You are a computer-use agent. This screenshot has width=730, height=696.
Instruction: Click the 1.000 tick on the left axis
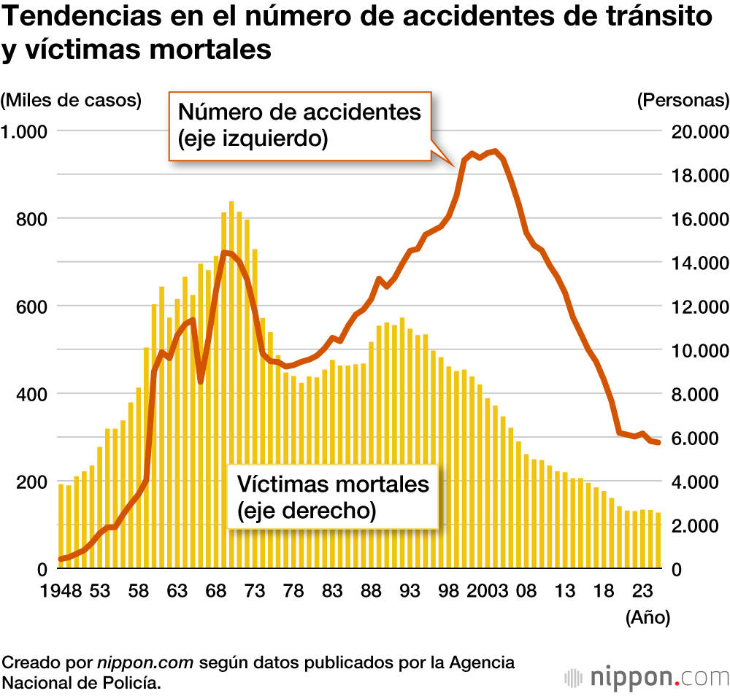click(x=28, y=131)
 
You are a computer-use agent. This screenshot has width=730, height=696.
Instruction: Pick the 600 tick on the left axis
click(x=33, y=306)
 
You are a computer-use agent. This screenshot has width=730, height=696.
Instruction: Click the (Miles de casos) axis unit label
click(x=71, y=100)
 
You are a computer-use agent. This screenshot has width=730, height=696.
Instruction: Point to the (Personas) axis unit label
click(x=683, y=100)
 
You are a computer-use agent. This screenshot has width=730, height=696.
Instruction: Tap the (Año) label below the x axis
click(x=648, y=617)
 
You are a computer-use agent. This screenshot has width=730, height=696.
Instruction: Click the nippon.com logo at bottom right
click(x=647, y=676)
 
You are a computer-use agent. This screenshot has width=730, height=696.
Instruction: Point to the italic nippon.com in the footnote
click(x=145, y=663)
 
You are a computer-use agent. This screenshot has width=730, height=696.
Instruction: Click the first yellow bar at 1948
click(x=61, y=525)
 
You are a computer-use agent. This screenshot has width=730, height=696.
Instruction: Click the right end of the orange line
click(x=658, y=443)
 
